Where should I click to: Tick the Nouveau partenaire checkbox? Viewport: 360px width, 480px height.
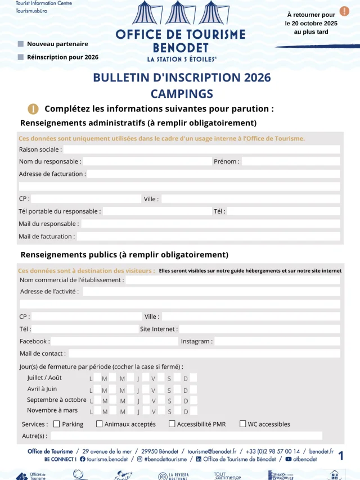21,44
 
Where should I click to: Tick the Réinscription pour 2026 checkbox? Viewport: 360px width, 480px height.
21,57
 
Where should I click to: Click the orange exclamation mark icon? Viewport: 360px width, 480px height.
344,11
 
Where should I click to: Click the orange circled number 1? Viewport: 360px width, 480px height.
33,109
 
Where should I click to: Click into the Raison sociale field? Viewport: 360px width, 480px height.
201,150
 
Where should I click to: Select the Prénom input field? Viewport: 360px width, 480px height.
290,161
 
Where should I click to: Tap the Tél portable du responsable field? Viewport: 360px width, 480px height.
156,211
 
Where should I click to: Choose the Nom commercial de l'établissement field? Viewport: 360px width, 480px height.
232,280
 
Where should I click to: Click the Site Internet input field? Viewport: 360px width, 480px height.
259,329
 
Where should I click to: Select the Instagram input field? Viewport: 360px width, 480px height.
277,341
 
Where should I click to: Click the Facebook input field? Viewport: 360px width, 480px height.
114,341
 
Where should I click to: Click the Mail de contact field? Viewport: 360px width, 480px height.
204,354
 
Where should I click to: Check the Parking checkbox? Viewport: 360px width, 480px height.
56,424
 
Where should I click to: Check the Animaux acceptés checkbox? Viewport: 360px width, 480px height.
100,424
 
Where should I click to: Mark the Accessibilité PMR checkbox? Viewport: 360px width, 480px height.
172,424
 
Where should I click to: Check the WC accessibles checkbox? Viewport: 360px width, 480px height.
243,424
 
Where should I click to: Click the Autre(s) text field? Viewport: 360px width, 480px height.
186,436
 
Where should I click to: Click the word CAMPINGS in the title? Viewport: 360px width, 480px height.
182,93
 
